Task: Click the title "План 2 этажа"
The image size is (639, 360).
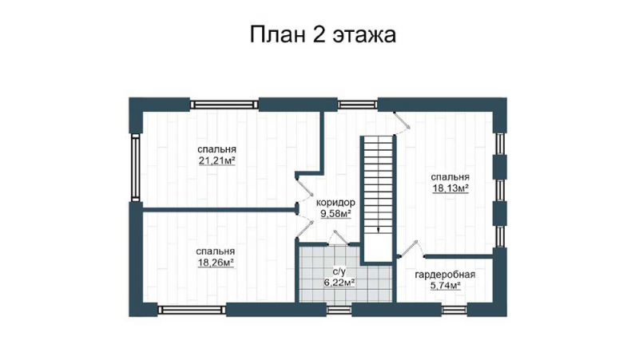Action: tap(323, 34)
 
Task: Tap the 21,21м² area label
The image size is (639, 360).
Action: tap(217, 161)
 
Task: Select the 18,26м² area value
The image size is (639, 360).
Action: tap(216, 263)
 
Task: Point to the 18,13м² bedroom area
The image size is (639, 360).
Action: tap(450, 188)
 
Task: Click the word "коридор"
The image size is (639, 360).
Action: tap(335, 203)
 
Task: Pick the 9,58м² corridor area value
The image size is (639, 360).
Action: tap(335, 214)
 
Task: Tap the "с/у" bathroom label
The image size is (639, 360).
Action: tap(339, 271)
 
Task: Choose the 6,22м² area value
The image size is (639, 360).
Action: tap(339, 283)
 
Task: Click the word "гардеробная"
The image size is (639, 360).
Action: tap(445, 275)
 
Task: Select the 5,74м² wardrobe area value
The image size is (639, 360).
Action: tap(446, 286)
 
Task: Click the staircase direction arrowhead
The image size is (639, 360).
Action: tap(379, 230)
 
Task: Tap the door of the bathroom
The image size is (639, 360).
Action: tap(338, 238)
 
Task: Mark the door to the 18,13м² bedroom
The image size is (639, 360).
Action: tap(402, 121)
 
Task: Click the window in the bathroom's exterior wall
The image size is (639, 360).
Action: tap(339, 310)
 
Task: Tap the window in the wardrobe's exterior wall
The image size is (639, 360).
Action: tap(454, 310)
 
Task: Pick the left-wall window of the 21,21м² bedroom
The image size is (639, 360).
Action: tap(136, 167)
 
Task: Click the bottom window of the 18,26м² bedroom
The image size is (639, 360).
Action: tap(192, 310)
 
